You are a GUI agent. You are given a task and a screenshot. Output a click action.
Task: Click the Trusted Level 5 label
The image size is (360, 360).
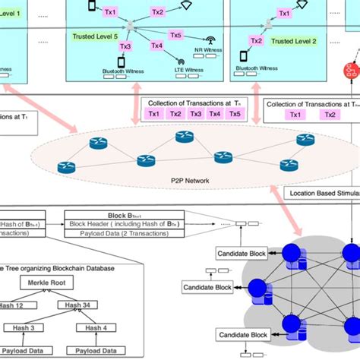(x=96, y=36)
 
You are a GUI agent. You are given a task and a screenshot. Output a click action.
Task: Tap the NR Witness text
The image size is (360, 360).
(x=208, y=51)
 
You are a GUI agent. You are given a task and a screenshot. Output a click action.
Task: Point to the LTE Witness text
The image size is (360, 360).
(x=180, y=74)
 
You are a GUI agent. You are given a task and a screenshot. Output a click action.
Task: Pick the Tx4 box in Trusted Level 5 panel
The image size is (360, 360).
(x=157, y=46)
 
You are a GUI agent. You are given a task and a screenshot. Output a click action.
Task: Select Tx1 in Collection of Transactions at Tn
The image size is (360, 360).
(x=154, y=114)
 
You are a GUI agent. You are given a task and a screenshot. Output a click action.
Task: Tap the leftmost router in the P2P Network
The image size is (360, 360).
(x=99, y=142)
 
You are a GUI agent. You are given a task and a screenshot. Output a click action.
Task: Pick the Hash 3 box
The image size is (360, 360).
(x=24, y=328)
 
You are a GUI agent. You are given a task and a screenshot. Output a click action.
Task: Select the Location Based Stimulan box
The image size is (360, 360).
(x=322, y=194)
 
